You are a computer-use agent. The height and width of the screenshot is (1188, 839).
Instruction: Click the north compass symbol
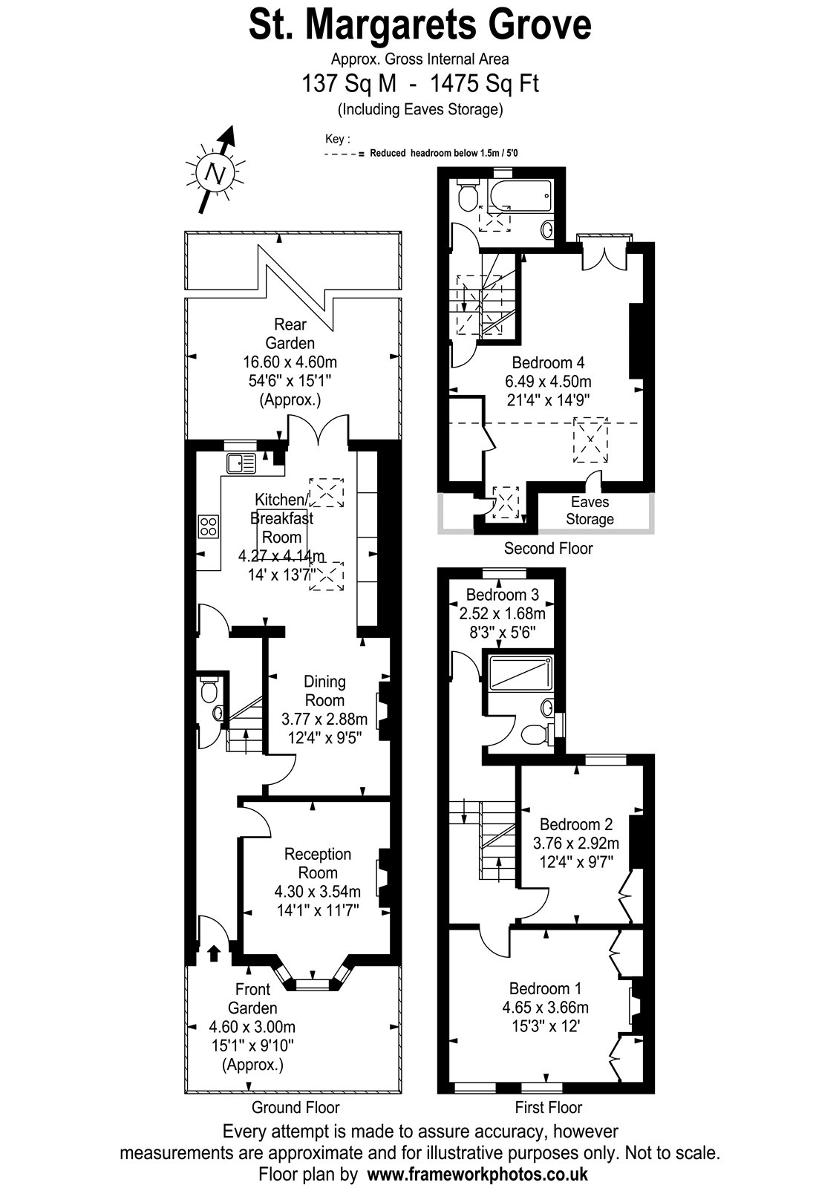click(216, 172)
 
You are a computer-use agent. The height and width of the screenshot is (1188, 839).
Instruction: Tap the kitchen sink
click(241, 463)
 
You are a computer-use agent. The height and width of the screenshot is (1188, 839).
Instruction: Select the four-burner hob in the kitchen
click(209, 526)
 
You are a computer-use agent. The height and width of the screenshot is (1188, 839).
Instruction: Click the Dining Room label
click(324, 691)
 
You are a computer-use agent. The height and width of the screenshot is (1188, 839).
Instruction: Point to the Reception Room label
click(318, 863)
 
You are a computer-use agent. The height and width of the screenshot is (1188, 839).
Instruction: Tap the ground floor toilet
click(209, 690)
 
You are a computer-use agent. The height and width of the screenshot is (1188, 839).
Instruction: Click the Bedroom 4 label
click(548, 363)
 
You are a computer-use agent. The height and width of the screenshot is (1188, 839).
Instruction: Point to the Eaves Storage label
click(590, 510)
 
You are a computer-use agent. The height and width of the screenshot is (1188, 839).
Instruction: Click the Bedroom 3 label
click(502, 595)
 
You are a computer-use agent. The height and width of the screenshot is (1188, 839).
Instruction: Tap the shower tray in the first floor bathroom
click(520, 673)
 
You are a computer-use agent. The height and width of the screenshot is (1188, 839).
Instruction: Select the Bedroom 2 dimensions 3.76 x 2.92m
click(576, 843)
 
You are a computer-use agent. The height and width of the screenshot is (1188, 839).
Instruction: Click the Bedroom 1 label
click(545, 988)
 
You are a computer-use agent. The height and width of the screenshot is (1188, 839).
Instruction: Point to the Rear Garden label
click(290, 333)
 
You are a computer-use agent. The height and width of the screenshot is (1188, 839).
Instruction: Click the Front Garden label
click(252, 999)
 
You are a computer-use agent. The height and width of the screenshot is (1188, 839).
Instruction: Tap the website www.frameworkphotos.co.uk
click(477, 1174)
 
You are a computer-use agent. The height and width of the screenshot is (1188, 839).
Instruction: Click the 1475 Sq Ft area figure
click(484, 84)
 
